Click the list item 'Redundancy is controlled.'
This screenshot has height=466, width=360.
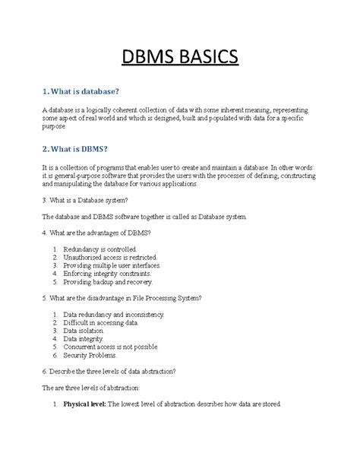click(100, 249)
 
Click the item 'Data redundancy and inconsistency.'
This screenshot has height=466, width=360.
click(114, 314)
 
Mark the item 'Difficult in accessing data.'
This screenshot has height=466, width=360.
click(101, 323)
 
